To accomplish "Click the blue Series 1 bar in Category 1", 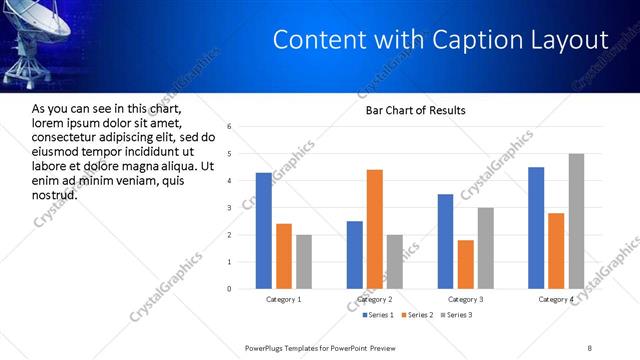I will point(263,231).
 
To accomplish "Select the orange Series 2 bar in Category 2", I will point(375,229).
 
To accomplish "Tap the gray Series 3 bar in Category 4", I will point(576,221).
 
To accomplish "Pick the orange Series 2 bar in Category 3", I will point(465,264).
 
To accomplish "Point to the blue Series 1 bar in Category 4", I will point(536,228).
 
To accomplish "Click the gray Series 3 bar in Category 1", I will point(303,262).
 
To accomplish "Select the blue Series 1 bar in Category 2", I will point(355,255).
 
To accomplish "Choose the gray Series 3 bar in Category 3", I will point(485,248).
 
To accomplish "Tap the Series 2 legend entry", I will point(417,316).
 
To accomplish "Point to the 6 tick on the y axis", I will point(230,127).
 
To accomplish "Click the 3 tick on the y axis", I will point(230,208).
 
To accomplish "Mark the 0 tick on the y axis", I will point(230,289).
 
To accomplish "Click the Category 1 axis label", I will point(283,300).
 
